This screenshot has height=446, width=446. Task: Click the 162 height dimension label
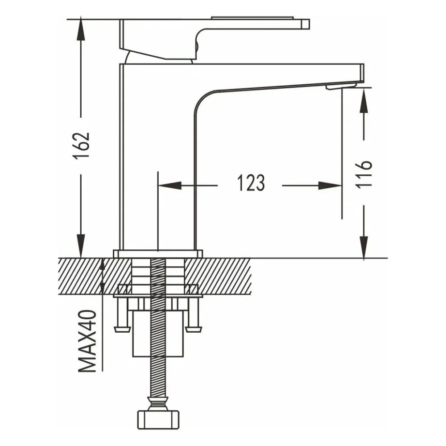[81, 146]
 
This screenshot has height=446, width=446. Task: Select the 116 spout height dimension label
[364, 173]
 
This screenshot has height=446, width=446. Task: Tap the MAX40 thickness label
[87, 341]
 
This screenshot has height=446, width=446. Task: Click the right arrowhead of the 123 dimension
[330, 186]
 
